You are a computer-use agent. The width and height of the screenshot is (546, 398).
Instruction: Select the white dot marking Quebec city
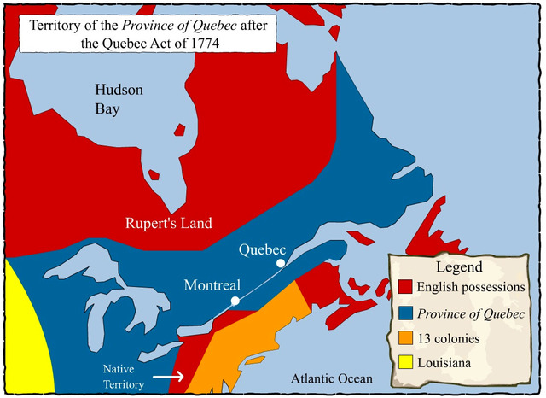[x=279, y=264]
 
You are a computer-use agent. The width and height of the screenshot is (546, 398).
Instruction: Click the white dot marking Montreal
[x=235, y=301]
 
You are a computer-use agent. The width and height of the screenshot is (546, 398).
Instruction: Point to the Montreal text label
[x=212, y=285]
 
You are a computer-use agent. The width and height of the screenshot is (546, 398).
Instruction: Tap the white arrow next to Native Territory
[x=169, y=375]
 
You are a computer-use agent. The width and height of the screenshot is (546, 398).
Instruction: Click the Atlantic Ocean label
[x=331, y=378]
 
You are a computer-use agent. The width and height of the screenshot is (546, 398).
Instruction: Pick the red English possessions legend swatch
[x=406, y=284]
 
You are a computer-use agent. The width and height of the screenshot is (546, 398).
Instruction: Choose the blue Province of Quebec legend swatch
[x=406, y=312]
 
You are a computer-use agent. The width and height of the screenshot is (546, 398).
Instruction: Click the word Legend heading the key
[x=459, y=266]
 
